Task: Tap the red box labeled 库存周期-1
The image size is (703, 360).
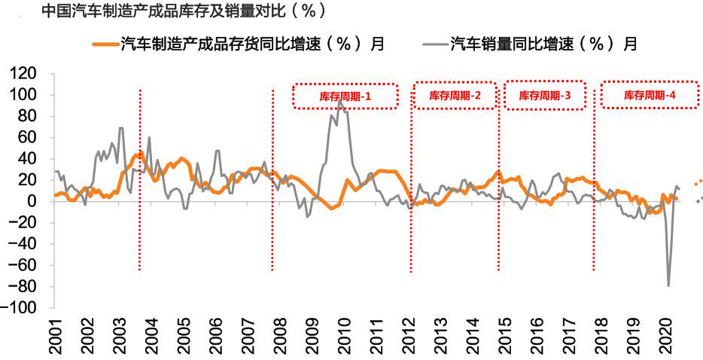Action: (345, 96)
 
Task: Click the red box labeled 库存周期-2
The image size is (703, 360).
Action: (455, 96)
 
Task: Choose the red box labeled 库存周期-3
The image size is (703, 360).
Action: (545, 96)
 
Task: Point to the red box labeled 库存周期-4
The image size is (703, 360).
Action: (650, 96)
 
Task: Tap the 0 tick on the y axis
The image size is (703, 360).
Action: (32, 202)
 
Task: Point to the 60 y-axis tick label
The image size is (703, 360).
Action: (27, 138)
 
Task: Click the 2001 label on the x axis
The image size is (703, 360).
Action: (55, 337)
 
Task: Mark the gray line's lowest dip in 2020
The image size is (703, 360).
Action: (668, 285)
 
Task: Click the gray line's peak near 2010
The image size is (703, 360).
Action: (339, 102)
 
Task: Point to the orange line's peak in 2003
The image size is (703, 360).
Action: (138, 154)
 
